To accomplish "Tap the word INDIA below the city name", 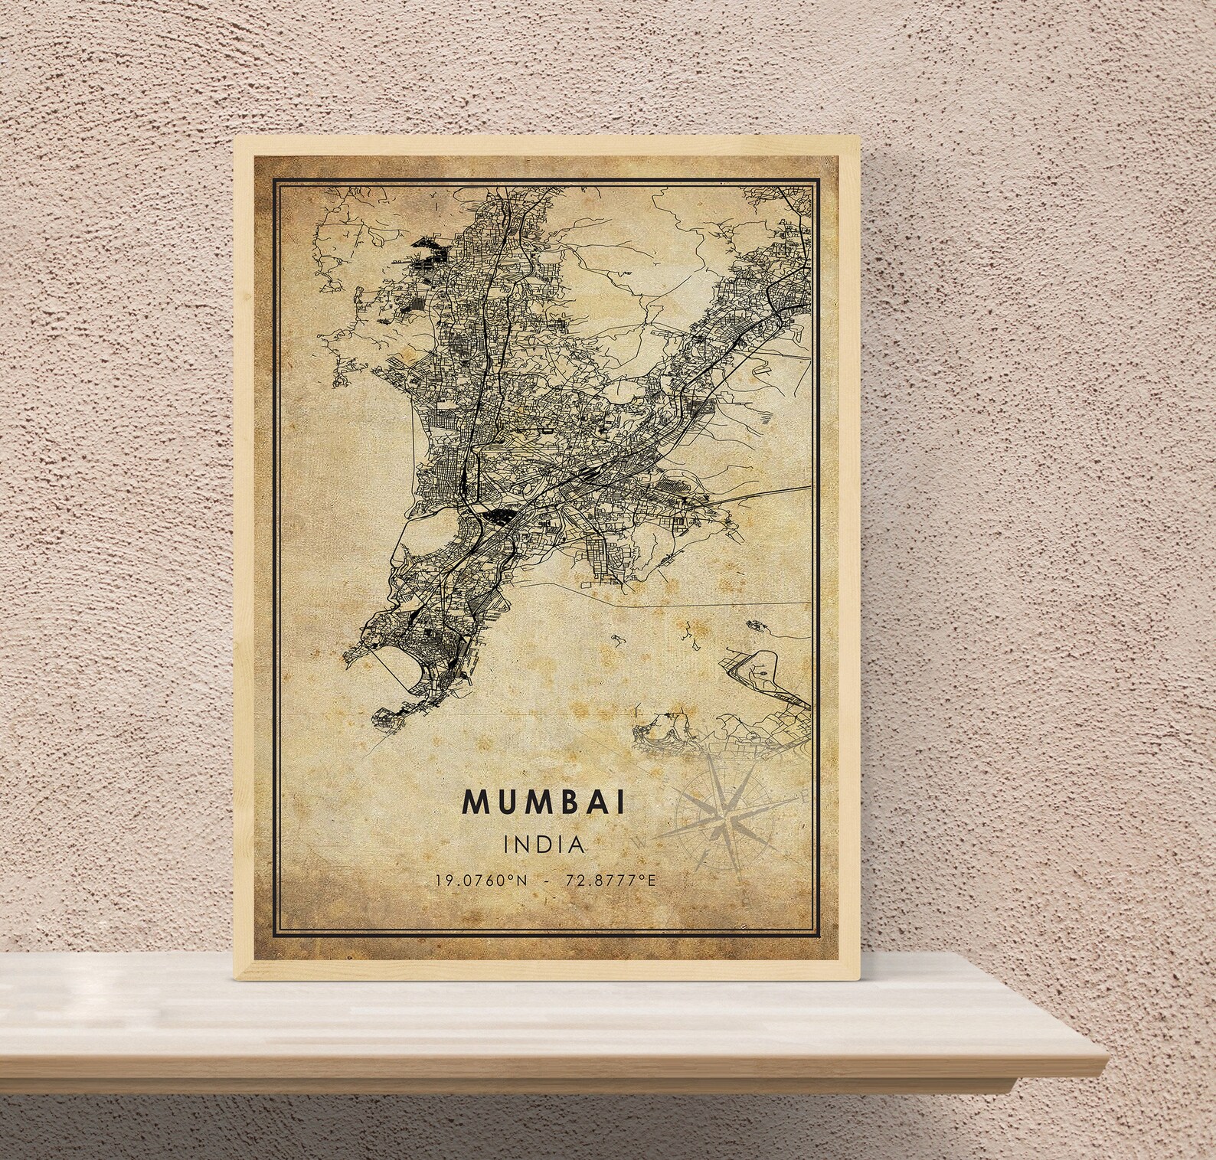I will (x=544, y=845).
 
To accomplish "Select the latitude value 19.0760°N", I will (x=481, y=881).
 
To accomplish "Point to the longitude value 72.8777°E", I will (x=610, y=881).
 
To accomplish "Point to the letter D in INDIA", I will (x=544, y=845).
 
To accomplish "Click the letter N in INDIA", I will (x=525, y=845).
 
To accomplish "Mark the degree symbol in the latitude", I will (x=514, y=877).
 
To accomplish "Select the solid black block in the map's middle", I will (x=500, y=516).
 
